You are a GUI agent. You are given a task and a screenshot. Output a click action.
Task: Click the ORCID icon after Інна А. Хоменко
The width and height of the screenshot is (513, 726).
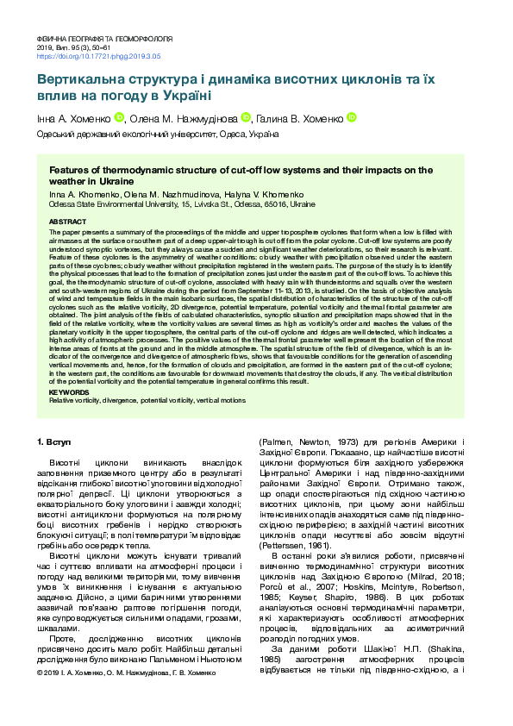tap(120, 117)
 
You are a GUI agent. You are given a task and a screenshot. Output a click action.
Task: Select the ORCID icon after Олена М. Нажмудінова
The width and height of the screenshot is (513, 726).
tap(246, 117)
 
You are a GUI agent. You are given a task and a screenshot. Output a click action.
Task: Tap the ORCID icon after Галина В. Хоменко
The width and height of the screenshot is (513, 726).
tap(351, 117)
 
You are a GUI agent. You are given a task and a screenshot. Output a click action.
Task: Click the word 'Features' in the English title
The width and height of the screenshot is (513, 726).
tap(71, 171)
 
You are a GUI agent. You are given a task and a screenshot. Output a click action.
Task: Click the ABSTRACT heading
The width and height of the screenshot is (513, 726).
tap(67, 222)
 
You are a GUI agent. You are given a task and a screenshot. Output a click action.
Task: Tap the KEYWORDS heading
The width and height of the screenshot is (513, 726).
tap(68, 392)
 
